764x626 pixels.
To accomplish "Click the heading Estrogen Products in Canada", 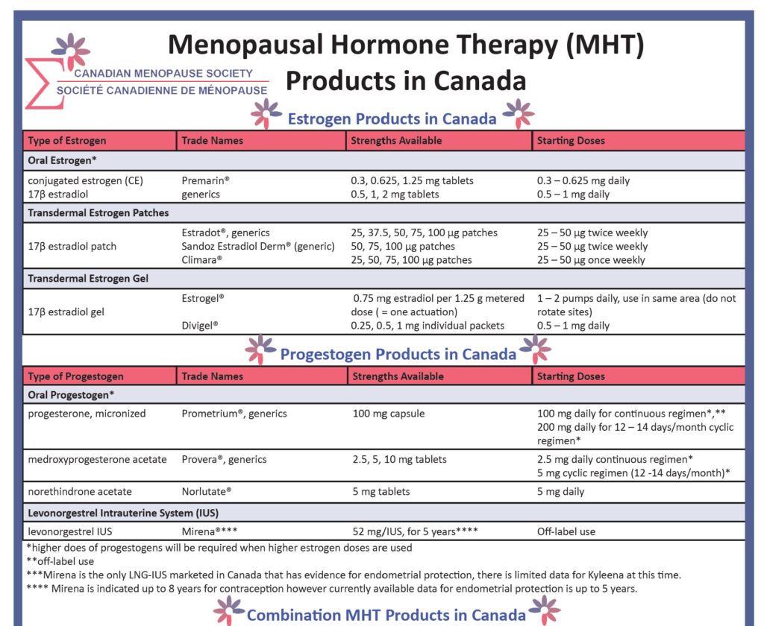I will point(392,118).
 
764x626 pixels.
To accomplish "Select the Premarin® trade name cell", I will point(205,180).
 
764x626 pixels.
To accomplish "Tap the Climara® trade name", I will point(202,260).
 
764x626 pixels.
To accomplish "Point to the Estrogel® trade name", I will point(203,298).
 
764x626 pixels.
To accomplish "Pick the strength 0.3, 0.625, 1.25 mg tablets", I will point(412,180).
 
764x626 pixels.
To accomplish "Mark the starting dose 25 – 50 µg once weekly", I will point(592,260).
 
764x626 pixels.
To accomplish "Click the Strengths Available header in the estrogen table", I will point(396,141).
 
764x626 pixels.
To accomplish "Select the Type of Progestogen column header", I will point(75,376).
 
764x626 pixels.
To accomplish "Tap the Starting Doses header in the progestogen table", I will point(571,376).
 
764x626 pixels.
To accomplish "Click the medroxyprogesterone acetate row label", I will point(97,459).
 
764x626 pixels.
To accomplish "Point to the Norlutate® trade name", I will point(206,491).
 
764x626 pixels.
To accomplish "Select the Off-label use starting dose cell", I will point(566,532).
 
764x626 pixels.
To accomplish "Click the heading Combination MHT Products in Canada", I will point(386,615).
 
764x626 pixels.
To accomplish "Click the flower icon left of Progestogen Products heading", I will point(260,350).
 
